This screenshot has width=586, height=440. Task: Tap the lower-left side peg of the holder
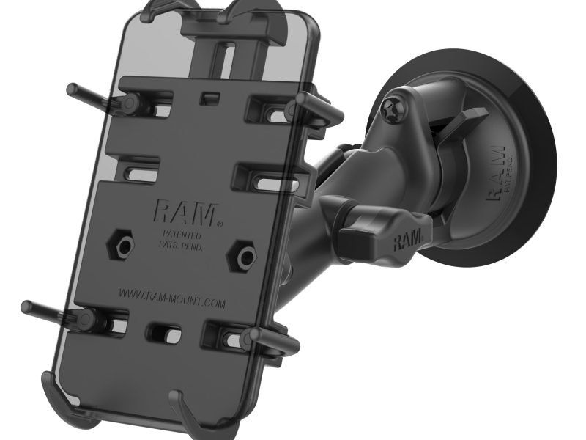click(x=44, y=309)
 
